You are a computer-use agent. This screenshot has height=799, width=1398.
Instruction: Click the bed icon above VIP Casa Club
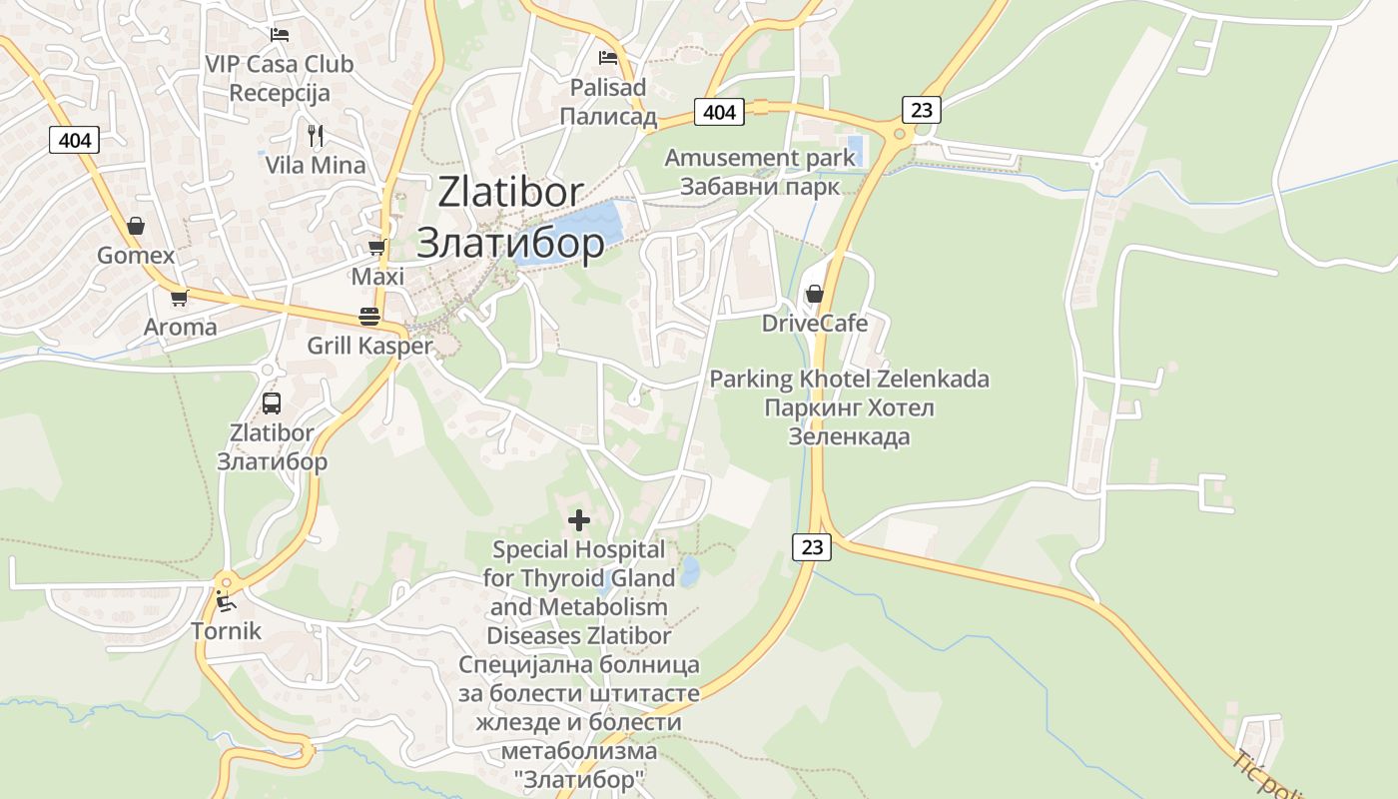(x=280, y=34)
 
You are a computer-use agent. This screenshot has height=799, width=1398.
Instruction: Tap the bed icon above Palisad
(x=608, y=58)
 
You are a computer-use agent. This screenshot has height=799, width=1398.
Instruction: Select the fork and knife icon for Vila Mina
(x=316, y=135)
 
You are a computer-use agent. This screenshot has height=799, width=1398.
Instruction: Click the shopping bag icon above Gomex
(x=136, y=226)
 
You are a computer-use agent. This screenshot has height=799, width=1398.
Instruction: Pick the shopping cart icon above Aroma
(x=180, y=298)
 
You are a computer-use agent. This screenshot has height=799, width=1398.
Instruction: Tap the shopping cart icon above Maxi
(x=377, y=247)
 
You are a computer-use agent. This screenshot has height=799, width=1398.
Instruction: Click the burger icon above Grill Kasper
(x=369, y=317)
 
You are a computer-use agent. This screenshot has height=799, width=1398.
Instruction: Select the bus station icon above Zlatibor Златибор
(x=272, y=403)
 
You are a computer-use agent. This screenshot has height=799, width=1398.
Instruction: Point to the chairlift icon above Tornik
(x=226, y=601)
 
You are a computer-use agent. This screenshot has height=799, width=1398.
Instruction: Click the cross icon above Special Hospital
(x=579, y=519)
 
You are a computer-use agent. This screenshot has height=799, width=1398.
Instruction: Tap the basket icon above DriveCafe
(x=815, y=294)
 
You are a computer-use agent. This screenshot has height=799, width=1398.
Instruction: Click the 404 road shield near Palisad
(x=719, y=112)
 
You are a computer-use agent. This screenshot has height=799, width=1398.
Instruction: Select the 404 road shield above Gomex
(x=75, y=140)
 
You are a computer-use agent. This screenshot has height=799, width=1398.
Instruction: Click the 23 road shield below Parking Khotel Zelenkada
(x=813, y=546)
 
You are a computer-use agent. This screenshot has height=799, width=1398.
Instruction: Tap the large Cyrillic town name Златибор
(x=510, y=243)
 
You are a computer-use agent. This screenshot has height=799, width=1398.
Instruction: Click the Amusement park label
(x=760, y=158)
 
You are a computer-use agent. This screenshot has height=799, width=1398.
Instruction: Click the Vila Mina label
(x=316, y=165)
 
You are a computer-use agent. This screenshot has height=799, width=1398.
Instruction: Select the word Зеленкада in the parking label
(x=849, y=436)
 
